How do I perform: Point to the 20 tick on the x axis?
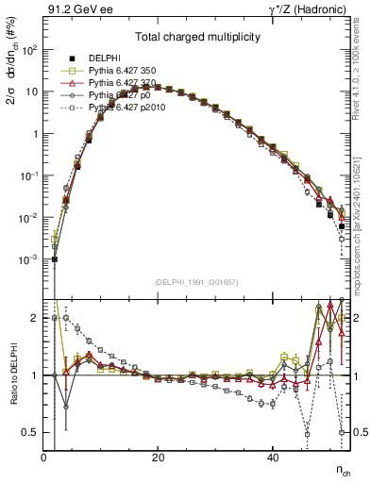coord(159,458)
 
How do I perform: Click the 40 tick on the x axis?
coord(273,458)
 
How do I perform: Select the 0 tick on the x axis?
coord(44,458)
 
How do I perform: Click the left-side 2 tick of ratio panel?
coord(37,318)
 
